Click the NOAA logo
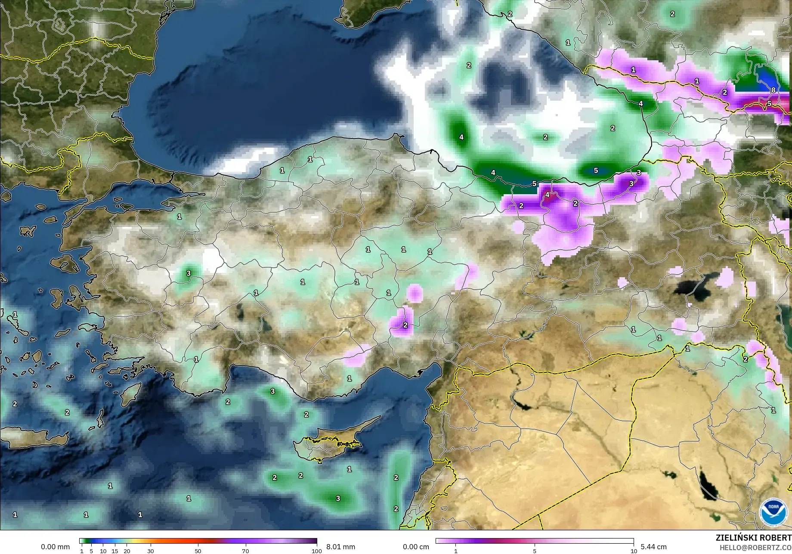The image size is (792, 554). coord(773,513)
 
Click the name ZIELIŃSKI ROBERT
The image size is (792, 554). coord(753,538)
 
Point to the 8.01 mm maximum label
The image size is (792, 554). coord(340,547)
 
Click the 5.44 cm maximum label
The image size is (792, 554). coord(653,547)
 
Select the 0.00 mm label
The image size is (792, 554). coord(55,547)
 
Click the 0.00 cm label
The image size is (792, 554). coord(416,547)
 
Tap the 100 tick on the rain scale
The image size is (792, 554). coord(316,551)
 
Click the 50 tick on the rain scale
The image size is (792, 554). coord(198,551)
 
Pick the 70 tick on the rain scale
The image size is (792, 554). coord(245,551)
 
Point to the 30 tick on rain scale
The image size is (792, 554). coord(150,551)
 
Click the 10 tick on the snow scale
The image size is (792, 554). coord(634,551)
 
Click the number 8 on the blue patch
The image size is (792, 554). coord(773,90)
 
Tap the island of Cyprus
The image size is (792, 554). coord(331,443)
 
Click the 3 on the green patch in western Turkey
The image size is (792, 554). coord(188,273)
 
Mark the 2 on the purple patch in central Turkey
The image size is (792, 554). coord(405,325)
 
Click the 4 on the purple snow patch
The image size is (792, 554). coord(547,195)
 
